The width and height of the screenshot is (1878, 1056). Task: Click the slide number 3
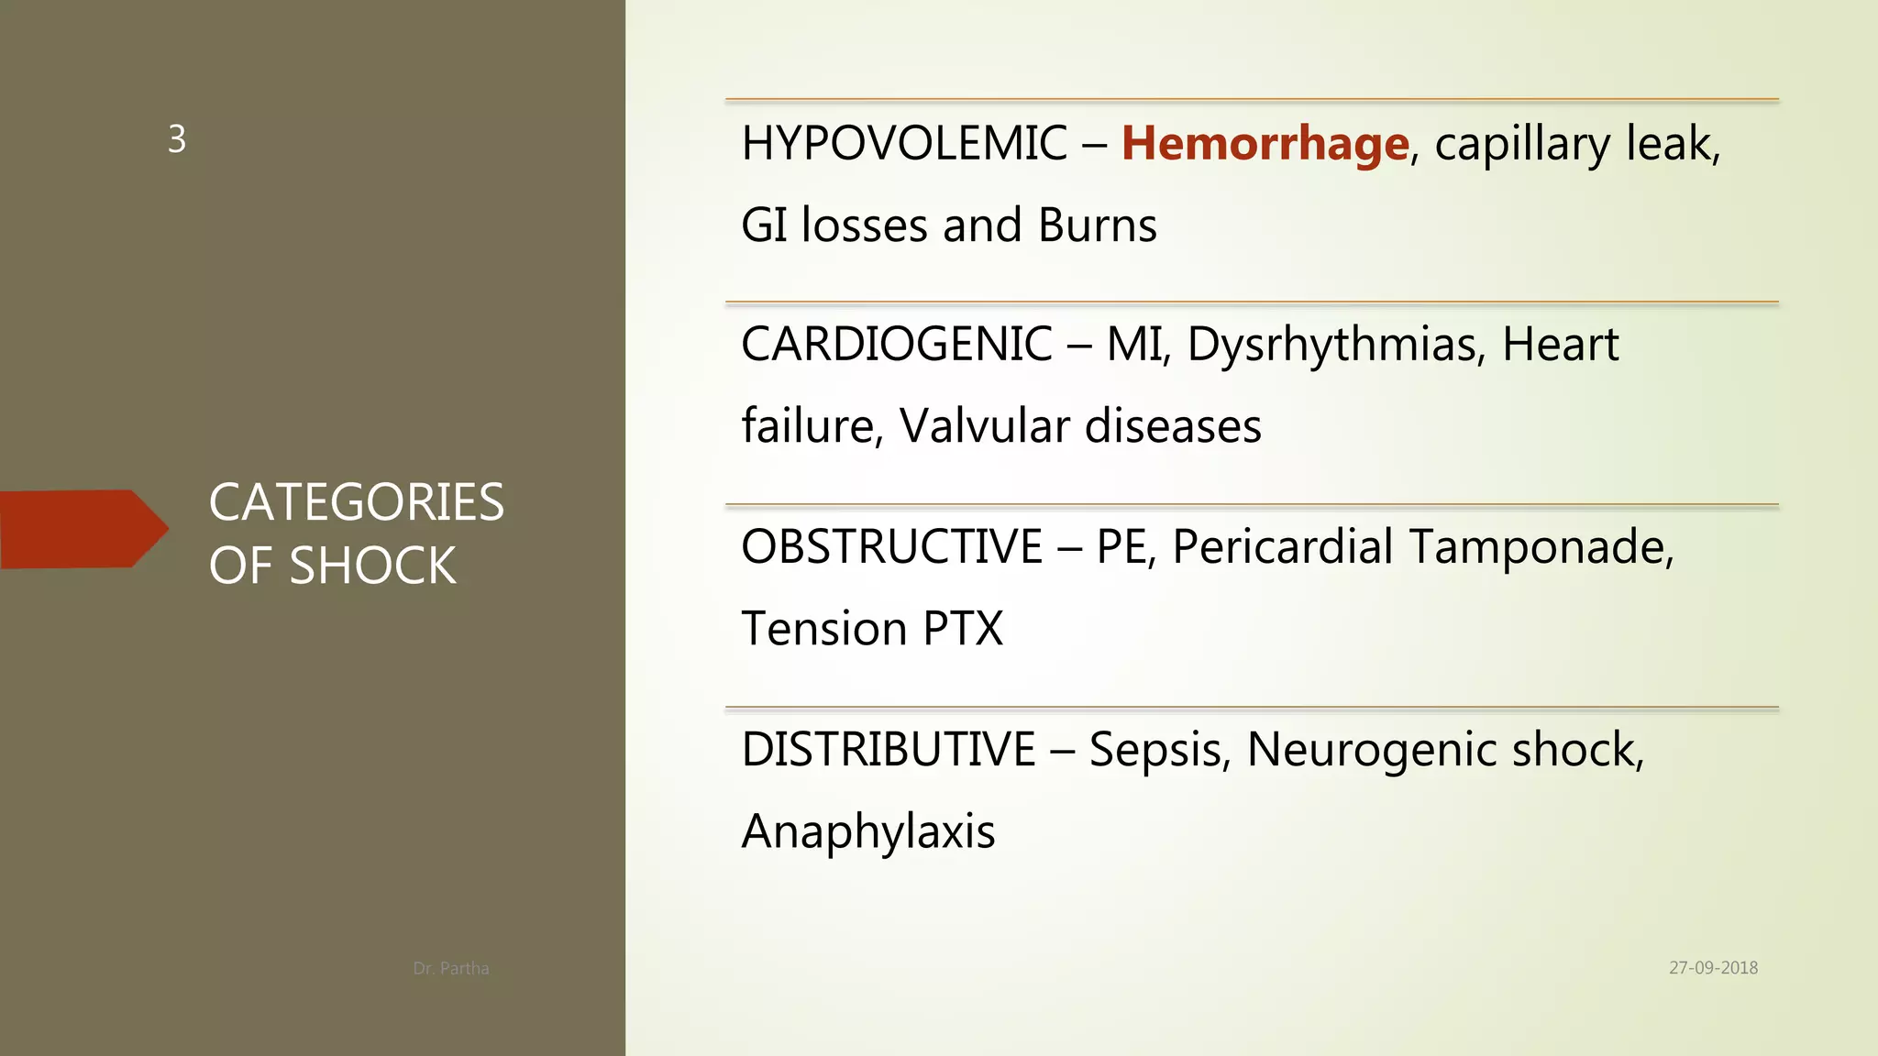click(x=177, y=139)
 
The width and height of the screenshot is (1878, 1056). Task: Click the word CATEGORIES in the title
click(x=356, y=502)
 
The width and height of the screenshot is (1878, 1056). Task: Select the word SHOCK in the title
click(x=372, y=566)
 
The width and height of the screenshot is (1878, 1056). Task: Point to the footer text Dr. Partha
click(x=450, y=968)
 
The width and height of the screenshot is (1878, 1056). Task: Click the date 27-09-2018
click(x=1713, y=968)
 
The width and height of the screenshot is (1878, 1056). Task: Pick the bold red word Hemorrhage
click(x=1265, y=144)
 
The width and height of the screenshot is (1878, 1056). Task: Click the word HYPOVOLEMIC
click(x=904, y=144)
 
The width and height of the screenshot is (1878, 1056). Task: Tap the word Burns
click(x=1097, y=225)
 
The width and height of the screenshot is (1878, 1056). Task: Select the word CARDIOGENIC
click(x=896, y=345)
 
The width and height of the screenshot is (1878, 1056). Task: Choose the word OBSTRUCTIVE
click(x=891, y=547)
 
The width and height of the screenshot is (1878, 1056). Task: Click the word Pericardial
click(x=1283, y=547)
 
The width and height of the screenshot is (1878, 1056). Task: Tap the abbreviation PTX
click(x=963, y=629)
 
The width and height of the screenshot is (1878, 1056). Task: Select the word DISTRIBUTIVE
click(x=888, y=750)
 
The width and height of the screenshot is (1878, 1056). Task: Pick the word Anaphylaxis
click(x=867, y=832)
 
